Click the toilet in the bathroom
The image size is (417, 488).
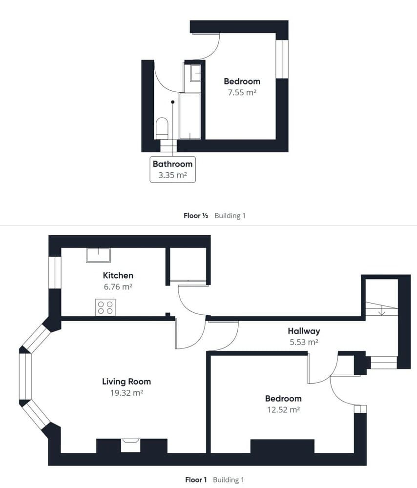(162, 128)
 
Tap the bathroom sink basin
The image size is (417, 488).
(195, 73)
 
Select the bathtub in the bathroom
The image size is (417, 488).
(190, 116)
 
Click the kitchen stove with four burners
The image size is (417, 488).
(105, 307)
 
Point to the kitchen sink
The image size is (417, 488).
(98, 255)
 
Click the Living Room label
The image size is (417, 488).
(126, 382)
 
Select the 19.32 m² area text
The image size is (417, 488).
(126, 392)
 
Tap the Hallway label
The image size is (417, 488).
(304, 331)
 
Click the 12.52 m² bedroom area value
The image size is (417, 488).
(284, 409)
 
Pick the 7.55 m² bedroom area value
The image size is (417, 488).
(242, 92)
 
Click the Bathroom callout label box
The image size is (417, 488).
(172, 169)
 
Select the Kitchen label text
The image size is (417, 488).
(118, 276)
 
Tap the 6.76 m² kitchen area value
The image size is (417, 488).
(118, 287)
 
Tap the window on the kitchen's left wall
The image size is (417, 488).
(55, 272)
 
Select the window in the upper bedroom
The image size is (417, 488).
(282, 59)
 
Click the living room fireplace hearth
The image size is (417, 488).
(130, 445)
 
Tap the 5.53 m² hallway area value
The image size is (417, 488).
(304, 342)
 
